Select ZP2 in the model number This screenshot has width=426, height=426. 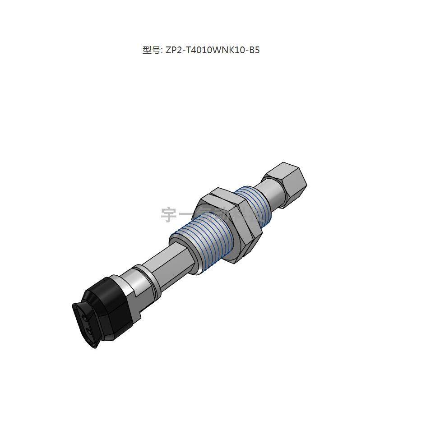click(x=173, y=50)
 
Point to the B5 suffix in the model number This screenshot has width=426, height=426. click(x=255, y=50)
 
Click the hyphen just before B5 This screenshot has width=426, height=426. click(x=248, y=50)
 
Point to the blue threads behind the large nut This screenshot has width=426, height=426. click(x=252, y=205)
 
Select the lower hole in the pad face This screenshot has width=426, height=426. click(x=90, y=333)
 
